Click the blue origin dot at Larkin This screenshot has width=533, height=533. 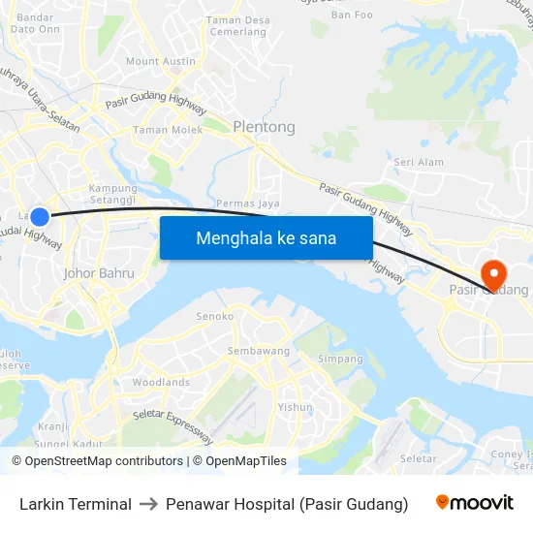tap(40, 217)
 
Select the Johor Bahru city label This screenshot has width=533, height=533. tap(99, 273)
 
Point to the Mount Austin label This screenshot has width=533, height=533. tap(161, 61)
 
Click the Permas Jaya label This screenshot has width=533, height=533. tap(248, 204)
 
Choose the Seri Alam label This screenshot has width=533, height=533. tap(419, 162)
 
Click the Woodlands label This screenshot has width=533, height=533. tap(161, 383)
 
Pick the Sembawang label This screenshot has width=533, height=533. tap(254, 350)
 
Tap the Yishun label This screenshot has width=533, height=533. tap(295, 407)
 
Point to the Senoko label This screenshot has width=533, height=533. tap(215, 316)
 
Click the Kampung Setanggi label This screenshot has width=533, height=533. tap(113, 195)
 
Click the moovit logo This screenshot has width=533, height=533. tap(475, 503)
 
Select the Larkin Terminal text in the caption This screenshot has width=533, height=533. tap(76, 504)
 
